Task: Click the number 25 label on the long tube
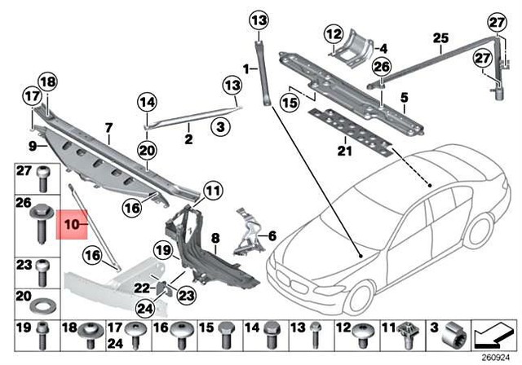[x=440, y=37]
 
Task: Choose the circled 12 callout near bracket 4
[x=332, y=34]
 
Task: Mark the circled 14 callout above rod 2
[x=146, y=103]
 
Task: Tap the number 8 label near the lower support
[x=216, y=239]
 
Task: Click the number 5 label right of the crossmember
[x=403, y=99]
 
